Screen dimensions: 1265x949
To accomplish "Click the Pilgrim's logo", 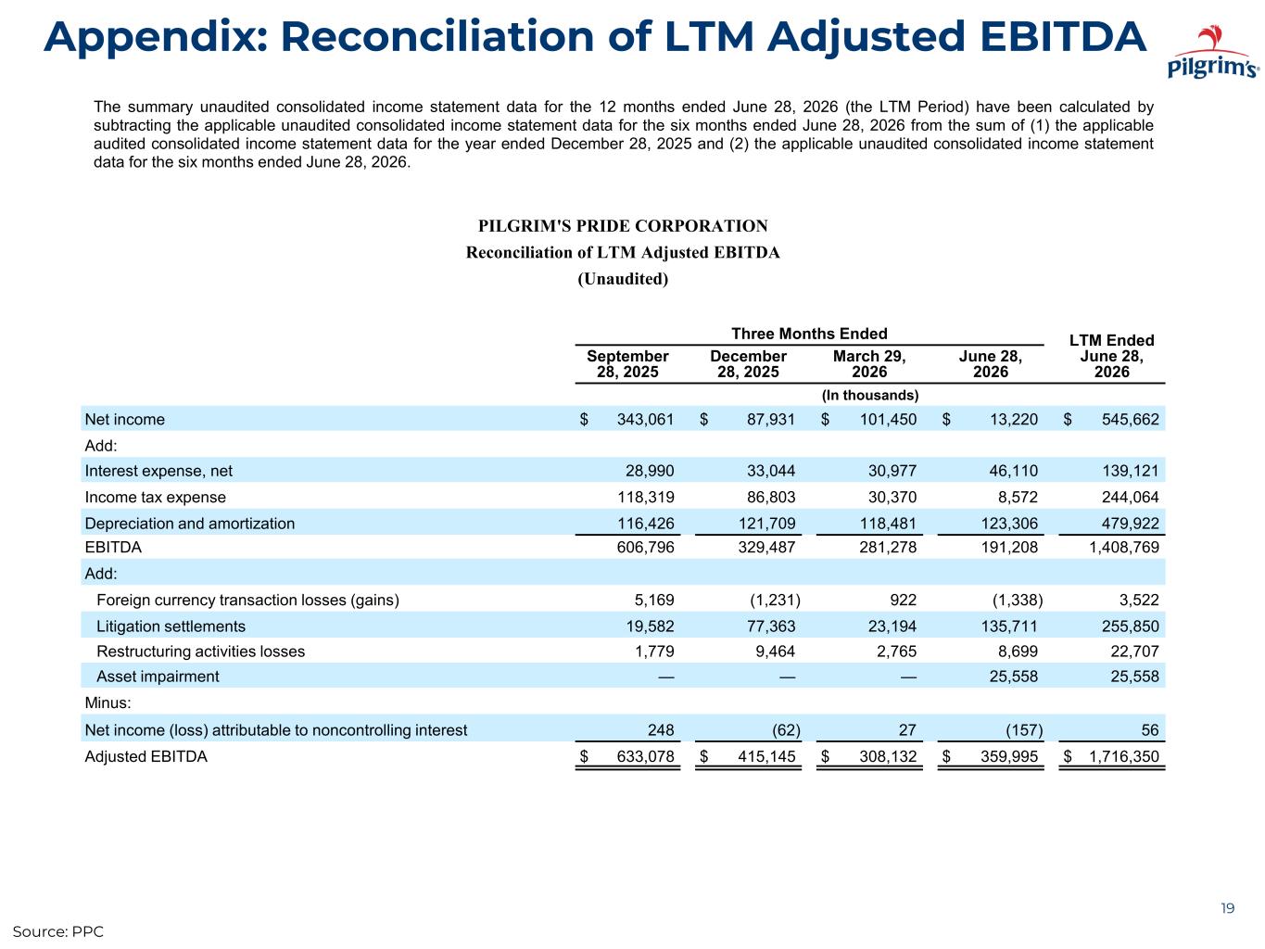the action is point(1211,52).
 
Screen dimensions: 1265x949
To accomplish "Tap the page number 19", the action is point(1227,908).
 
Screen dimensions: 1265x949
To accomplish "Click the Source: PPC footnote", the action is point(57,931).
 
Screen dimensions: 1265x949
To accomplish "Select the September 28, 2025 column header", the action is point(627,363).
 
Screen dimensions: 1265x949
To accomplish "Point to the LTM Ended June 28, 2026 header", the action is point(1111,356).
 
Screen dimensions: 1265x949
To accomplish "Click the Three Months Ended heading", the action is point(808,334).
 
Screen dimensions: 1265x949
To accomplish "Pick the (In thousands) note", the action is point(869,396).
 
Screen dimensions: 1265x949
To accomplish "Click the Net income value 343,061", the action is point(645,419).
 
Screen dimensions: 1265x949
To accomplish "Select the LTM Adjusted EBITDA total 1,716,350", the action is point(1123,756).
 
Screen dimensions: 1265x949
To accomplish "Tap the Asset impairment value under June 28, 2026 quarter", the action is point(1013,676).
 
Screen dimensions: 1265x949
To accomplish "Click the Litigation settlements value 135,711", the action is point(1009,626).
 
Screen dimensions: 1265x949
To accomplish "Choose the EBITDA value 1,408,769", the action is point(1123,547).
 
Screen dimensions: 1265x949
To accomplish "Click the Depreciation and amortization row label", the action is point(190,524).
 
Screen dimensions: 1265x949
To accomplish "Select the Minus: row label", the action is point(108,702).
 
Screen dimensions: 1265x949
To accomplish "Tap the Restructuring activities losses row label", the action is point(200,652).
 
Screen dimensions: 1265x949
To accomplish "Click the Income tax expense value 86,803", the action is point(771,497).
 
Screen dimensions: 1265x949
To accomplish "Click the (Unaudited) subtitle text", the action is point(623,279).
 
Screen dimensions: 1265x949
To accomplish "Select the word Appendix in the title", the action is point(156,37).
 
